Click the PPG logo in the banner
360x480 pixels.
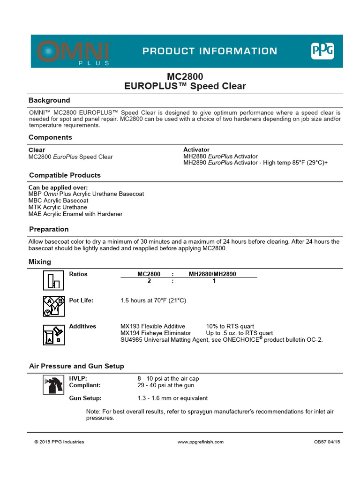click(x=322, y=51)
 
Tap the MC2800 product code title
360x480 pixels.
click(x=185, y=76)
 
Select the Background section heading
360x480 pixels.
click(x=49, y=100)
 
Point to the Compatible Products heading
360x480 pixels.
click(x=65, y=175)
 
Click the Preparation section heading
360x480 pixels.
click(x=49, y=229)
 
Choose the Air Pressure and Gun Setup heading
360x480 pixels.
click(x=76, y=366)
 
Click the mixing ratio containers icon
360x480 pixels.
click(x=53, y=280)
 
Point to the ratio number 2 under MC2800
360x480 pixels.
click(x=149, y=281)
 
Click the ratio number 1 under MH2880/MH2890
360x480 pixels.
click(x=214, y=281)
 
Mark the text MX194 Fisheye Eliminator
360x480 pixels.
click(x=156, y=333)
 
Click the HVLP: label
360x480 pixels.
click(x=78, y=378)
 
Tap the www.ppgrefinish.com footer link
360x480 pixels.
click(x=201, y=442)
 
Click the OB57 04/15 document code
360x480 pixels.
click(x=327, y=442)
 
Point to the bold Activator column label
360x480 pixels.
click(x=196, y=150)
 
